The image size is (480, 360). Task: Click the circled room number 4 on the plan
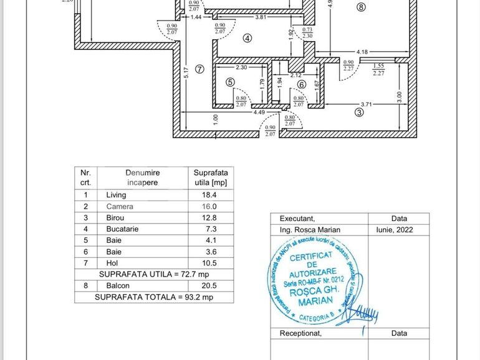(247, 38)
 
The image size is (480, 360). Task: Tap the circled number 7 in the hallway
(199, 69)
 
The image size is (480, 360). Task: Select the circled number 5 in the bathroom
(230, 82)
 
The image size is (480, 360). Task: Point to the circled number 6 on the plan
(302, 85)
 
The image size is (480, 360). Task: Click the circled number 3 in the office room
(358, 113)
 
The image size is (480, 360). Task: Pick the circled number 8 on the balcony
(360, 7)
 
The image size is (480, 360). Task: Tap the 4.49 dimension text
(259, 113)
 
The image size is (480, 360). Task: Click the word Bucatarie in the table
(122, 229)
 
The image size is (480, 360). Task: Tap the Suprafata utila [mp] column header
(211, 178)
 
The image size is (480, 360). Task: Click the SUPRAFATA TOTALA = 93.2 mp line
(154, 297)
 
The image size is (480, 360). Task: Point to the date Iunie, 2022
(399, 230)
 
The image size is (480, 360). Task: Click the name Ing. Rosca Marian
(310, 230)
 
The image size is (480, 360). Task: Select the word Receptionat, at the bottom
(300, 333)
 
